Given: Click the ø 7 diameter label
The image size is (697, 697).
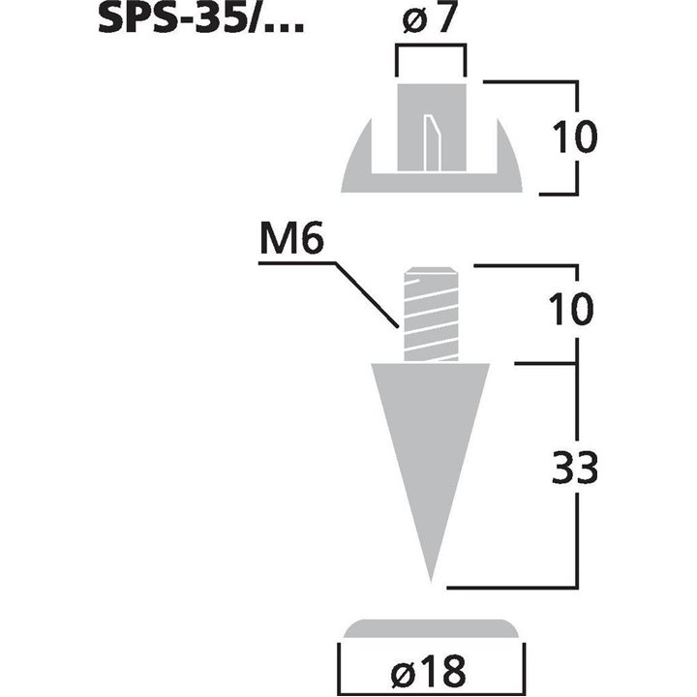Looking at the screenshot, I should (x=430, y=21).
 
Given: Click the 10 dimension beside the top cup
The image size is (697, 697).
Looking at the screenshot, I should (x=575, y=136).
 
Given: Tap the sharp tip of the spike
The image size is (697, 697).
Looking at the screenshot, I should (x=430, y=579).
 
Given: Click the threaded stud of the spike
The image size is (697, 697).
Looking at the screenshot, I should (x=429, y=312).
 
